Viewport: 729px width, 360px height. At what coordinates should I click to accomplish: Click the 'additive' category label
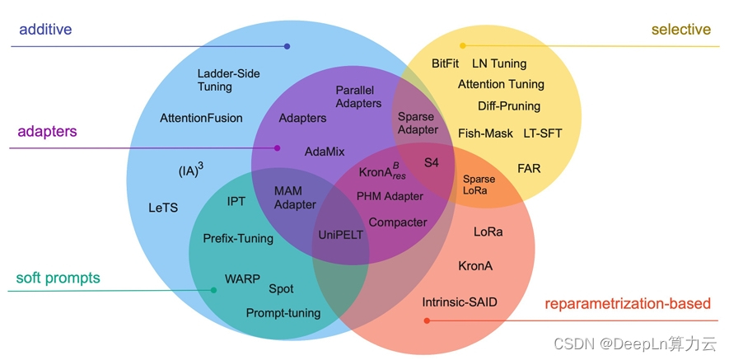pos(45,30)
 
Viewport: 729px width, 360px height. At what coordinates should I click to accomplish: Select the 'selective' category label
pos(680,30)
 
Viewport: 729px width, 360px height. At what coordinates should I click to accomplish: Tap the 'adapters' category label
pos(48,131)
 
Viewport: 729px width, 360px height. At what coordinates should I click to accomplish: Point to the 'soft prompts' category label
pos(58,278)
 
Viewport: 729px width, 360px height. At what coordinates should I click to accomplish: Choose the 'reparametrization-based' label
pos(628,304)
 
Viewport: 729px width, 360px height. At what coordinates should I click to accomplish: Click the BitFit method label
pos(445,63)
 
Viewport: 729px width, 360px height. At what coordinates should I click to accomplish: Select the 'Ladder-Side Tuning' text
pos(228,80)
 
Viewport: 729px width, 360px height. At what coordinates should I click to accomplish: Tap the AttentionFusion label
pos(201,118)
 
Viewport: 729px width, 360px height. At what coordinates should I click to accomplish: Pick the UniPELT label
pos(340,235)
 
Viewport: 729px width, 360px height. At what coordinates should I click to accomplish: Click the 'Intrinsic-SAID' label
pos(460,302)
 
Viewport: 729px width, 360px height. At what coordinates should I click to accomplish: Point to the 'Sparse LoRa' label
pos(479,185)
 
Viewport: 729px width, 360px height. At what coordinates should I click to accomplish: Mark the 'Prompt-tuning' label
pos(283,313)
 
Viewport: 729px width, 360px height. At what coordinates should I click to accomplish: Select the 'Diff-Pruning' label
pos(509,105)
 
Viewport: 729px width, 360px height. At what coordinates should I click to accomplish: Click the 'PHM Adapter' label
pos(390,197)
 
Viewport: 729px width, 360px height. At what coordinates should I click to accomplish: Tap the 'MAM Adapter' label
pos(295,198)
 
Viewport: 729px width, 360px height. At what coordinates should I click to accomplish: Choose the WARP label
pos(242,278)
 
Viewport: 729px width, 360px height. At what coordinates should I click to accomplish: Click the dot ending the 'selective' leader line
pos(463,45)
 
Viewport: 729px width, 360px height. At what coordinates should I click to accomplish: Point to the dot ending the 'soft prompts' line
pos(214,290)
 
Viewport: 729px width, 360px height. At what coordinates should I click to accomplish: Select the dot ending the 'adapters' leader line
pos(278,148)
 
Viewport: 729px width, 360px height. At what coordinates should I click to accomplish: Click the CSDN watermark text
pos(634,344)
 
